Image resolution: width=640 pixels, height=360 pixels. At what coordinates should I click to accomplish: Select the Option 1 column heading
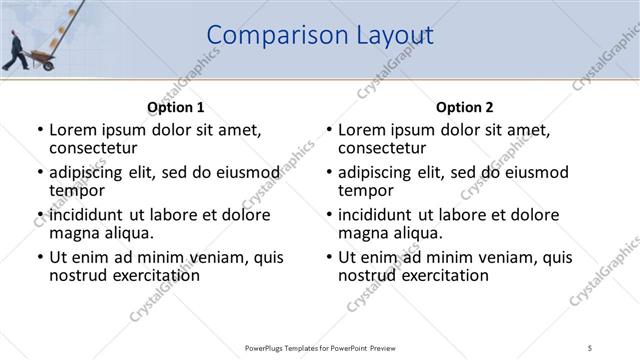[175, 107]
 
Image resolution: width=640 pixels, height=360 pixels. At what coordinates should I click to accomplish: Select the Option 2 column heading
[465, 107]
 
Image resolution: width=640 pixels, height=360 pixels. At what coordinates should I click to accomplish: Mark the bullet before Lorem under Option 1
[39, 131]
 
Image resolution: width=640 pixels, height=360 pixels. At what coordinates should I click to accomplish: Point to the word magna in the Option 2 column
[363, 233]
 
